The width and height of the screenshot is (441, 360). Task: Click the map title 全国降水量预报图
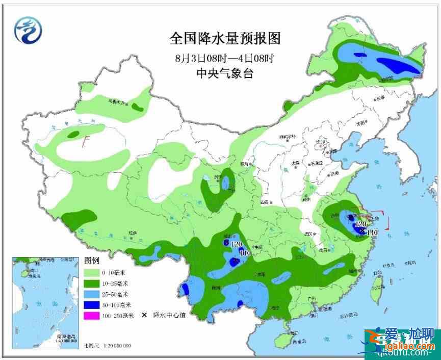coord(225,38)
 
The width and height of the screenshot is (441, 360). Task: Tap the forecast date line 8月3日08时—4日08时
coord(225,57)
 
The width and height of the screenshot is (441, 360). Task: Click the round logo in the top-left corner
coord(28,29)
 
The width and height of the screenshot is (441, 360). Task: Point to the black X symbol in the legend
coord(144,316)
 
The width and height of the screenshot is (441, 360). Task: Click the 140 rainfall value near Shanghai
coord(372,233)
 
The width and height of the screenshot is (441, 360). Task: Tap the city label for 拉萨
coord(133,234)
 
